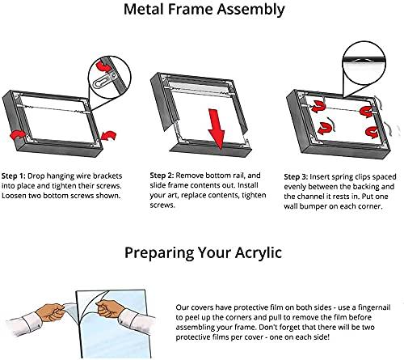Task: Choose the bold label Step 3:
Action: (301, 174)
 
